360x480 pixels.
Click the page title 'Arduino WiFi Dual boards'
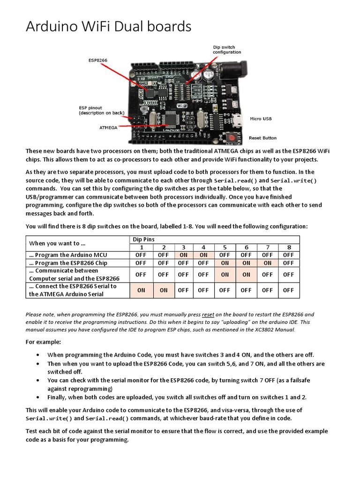[x=108, y=27]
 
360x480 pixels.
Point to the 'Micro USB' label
[x=261, y=119]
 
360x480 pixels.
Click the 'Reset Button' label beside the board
[x=262, y=138]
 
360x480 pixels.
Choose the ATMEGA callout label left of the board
[x=109, y=127]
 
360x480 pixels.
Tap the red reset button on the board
[x=232, y=137]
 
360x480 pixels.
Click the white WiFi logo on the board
[x=181, y=106]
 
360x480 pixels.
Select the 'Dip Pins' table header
[x=143, y=240]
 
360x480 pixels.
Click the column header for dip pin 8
[x=289, y=247]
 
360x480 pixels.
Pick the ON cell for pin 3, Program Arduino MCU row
[x=183, y=255]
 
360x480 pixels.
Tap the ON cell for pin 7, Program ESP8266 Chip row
[x=267, y=263]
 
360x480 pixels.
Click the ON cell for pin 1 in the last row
[x=141, y=290]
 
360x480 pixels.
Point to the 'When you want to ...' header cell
[x=57, y=243]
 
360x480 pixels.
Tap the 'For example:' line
[x=43, y=342]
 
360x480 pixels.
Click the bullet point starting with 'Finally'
[x=177, y=397]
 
